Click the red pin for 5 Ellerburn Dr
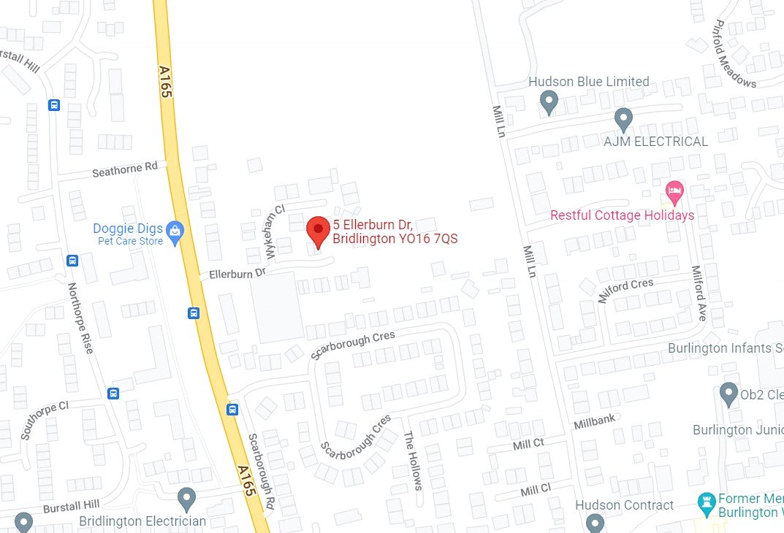[x=318, y=230]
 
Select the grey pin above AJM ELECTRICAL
[x=623, y=117]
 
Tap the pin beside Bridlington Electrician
[x=187, y=499]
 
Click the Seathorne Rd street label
[x=125, y=170]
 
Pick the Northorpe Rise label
[x=80, y=318]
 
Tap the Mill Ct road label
[x=528, y=444]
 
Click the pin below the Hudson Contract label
[x=595, y=522]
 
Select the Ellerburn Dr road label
[x=237, y=274]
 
